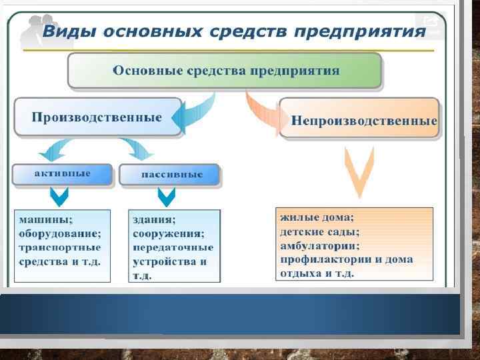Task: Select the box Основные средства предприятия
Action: pos(225,71)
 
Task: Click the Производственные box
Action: pos(97,117)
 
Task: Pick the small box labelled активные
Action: pos(62,173)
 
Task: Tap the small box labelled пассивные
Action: pos(171,175)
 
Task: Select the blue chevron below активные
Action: pos(59,196)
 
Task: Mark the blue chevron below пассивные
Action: pos(166,196)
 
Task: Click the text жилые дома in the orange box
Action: pos(317,217)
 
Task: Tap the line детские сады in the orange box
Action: pos(319,231)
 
